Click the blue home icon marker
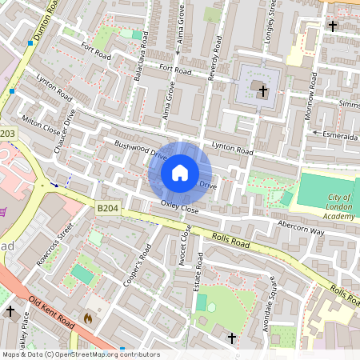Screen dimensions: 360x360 (180, 173)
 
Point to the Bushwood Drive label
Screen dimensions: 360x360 (140, 148)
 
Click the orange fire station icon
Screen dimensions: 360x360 (88, 318)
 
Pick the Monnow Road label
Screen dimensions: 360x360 (313, 94)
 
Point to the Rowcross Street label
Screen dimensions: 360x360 (55, 249)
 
